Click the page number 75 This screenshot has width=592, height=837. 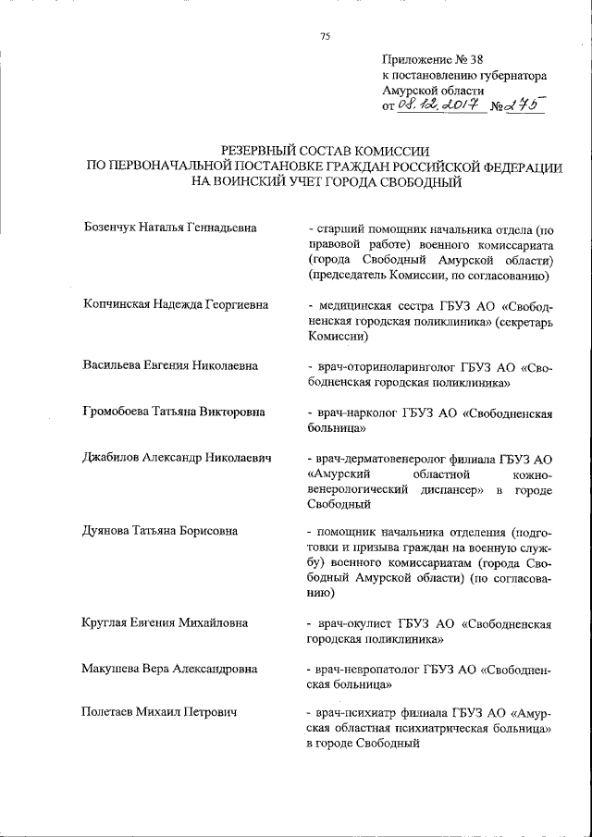pos(325,36)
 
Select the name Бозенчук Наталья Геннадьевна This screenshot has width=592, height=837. pos(169,227)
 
